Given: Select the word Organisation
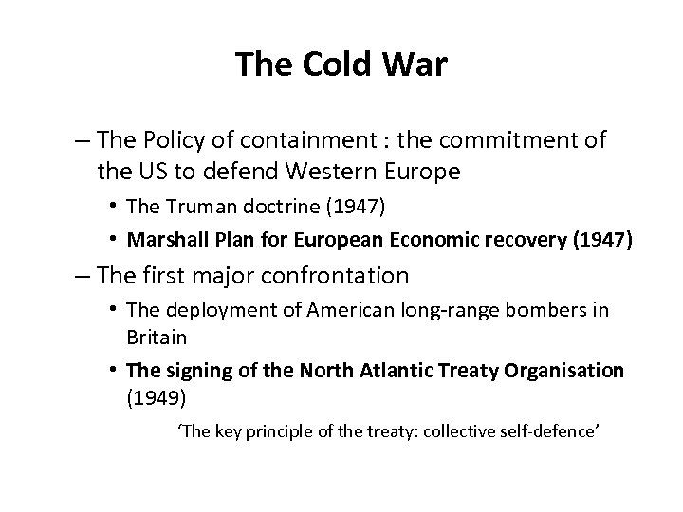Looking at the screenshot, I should pos(566,369).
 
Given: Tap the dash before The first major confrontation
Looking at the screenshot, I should pos(82,276).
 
